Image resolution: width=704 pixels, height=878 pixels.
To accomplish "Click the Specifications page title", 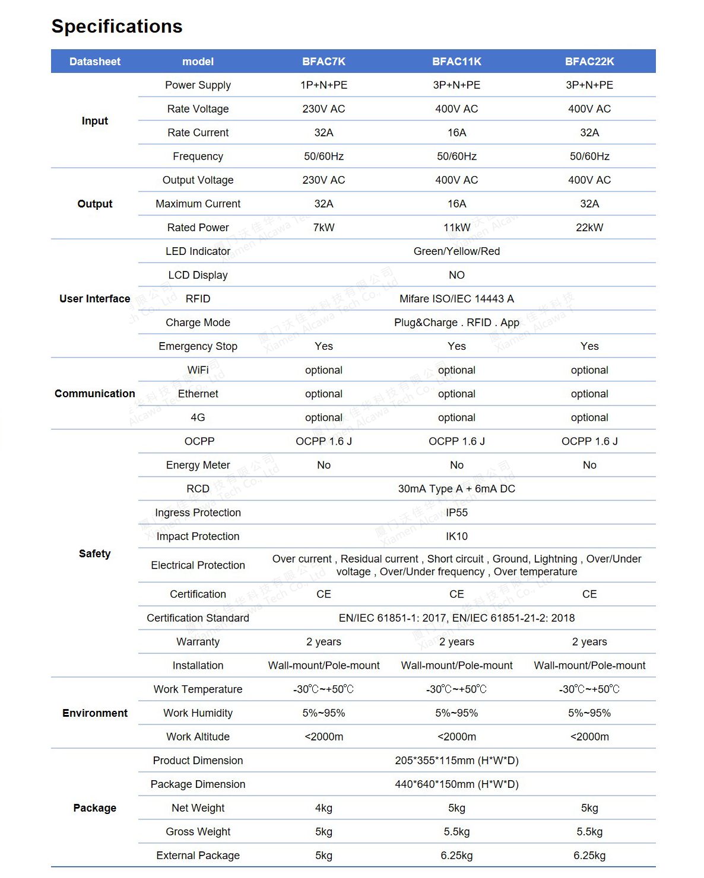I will [x=117, y=26].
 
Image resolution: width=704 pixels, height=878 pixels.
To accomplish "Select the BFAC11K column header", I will [x=456, y=62].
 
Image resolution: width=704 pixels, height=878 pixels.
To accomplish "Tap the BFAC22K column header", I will [x=589, y=62].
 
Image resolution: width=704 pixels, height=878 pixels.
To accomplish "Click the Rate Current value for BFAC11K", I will [x=456, y=133].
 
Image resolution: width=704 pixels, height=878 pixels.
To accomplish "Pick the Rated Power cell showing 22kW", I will [x=589, y=228].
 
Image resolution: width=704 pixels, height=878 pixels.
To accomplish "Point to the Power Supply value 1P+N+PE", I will [x=324, y=85].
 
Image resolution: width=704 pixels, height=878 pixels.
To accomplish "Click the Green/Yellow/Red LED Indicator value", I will [x=456, y=251].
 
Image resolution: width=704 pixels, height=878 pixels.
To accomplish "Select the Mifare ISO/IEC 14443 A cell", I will [x=456, y=299].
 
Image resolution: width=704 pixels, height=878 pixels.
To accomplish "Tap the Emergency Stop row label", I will [x=198, y=346].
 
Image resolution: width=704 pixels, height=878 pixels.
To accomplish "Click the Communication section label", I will [x=95, y=394].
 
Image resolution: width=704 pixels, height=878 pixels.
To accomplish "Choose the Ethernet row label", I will [x=198, y=394].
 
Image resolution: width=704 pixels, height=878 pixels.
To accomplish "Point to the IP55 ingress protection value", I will [x=456, y=512].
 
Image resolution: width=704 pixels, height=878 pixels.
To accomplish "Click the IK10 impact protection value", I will [x=456, y=536].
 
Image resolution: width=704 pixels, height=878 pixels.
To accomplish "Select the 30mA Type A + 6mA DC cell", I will [x=456, y=489].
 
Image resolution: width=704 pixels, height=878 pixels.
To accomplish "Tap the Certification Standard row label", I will [x=198, y=618].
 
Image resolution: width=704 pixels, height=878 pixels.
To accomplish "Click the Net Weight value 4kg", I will [x=324, y=808].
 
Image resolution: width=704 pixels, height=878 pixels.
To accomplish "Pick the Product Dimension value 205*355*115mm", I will [x=456, y=761].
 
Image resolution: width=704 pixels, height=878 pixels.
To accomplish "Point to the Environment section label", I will [x=95, y=713].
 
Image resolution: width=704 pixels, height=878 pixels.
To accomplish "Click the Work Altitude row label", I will [x=198, y=737].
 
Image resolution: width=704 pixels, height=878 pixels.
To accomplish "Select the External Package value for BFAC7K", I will [x=324, y=855].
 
